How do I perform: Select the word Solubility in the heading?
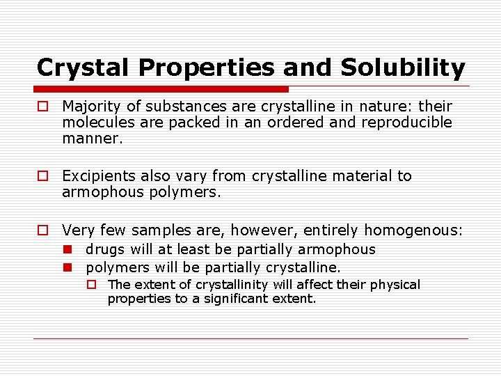403,68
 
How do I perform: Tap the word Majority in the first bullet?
90,107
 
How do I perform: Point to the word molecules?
96,123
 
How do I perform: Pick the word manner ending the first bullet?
91,139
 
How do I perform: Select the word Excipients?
96,176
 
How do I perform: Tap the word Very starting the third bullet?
78,230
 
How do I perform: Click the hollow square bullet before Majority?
43,107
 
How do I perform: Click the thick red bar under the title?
161,89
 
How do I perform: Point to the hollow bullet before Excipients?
43,177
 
